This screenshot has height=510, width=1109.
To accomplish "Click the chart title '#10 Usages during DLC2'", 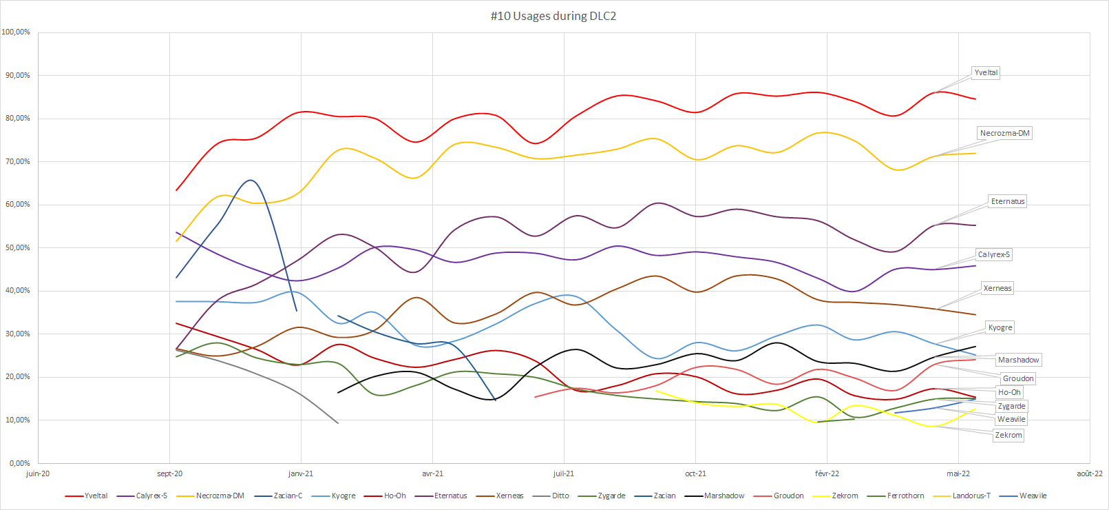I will click(553, 16).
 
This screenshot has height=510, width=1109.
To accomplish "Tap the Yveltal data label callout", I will click(986, 72).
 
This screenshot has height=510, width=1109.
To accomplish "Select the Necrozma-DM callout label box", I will click(1004, 133).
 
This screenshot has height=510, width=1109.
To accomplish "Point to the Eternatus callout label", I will click(1008, 201).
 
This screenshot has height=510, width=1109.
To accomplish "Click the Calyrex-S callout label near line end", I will click(993, 254).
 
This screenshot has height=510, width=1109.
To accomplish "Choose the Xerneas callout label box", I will click(997, 288).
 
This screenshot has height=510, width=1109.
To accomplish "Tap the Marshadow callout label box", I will click(1018, 360).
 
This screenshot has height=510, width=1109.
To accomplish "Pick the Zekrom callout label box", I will click(1008, 435).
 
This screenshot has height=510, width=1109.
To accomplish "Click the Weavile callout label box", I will click(1011, 419).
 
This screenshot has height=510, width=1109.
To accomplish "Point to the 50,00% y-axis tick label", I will click(18, 247).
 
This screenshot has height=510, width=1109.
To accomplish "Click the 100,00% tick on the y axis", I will click(16, 32).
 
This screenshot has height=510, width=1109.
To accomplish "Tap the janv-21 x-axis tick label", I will click(301, 473).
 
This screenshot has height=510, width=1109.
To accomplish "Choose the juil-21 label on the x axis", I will click(564, 473).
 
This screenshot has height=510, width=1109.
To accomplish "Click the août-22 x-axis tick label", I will click(1089, 473).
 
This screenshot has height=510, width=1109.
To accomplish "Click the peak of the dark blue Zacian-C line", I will click(251, 181).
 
